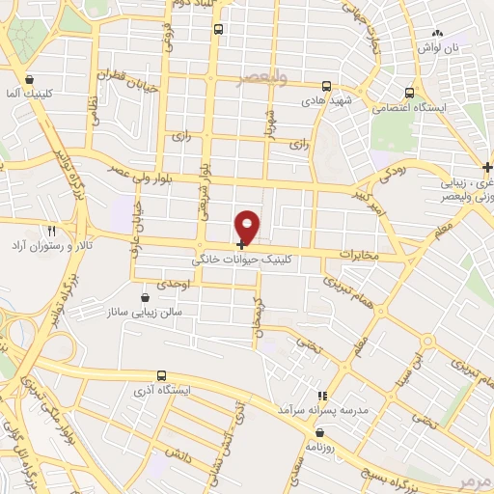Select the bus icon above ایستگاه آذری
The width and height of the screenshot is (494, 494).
tap(161, 375)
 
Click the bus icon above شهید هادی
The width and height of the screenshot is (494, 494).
tap(327, 85)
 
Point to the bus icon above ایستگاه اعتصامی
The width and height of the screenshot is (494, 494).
tap(411, 94)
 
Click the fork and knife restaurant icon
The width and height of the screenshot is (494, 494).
tap(51, 232)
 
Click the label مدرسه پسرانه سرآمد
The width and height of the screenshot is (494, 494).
tap(321, 410)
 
